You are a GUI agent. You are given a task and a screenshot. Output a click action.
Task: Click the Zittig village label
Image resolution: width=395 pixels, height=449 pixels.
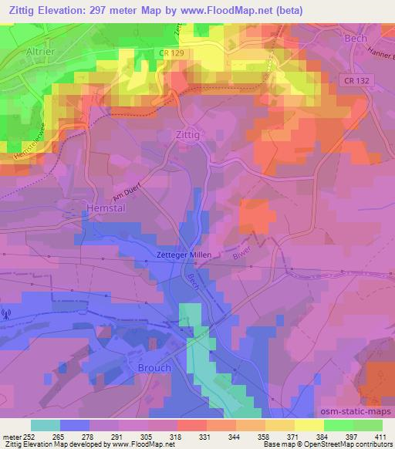[x=187, y=133]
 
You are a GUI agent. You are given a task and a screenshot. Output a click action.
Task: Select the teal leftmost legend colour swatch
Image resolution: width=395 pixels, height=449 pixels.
[x=46, y=425]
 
